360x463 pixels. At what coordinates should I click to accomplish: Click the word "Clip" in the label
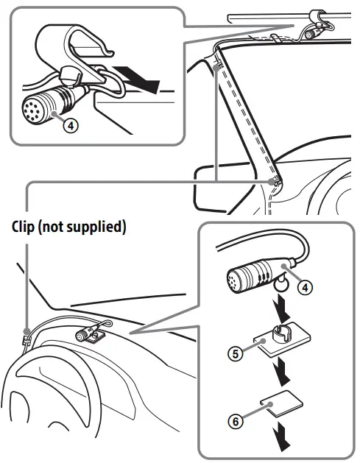[25, 227]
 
